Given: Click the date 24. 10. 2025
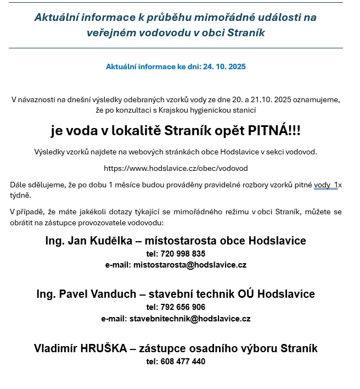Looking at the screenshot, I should [x=225, y=66].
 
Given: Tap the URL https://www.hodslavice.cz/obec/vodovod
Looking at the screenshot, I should [x=176, y=168].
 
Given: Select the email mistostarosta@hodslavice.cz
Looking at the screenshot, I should [x=190, y=265].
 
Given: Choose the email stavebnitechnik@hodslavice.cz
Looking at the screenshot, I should [x=190, y=318].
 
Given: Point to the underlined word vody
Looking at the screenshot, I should [x=322, y=185].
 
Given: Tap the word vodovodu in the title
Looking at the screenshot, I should [x=164, y=33].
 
